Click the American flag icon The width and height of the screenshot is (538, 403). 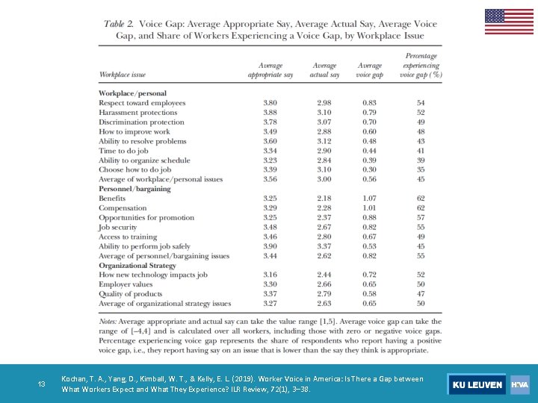(x=509, y=22)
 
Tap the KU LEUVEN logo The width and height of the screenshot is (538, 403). (x=476, y=384)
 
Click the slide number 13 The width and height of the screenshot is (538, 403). (x=42, y=384)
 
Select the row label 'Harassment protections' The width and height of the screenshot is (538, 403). (x=137, y=113)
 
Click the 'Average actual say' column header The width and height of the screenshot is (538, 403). (x=324, y=70)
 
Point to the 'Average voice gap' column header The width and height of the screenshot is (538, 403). (x=370, y=70)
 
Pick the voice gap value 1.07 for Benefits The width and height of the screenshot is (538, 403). (x=369, y=199)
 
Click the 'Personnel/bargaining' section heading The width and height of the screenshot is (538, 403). (x=134, y=189)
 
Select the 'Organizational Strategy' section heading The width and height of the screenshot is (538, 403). (x=137, y=265)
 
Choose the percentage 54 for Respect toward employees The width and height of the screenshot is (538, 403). (x=421, y=103)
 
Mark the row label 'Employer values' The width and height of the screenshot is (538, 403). (x=126, y=284)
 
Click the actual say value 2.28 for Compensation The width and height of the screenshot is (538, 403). (x=324, y=208)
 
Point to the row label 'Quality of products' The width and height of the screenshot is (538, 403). (x=131, y=294)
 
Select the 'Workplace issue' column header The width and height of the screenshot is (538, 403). (x=123, y=75)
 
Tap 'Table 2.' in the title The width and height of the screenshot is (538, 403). (x=123, y=24)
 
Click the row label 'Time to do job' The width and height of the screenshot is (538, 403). (x=123, y=151)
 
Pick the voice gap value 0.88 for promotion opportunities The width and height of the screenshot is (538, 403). (x=369, y=218)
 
